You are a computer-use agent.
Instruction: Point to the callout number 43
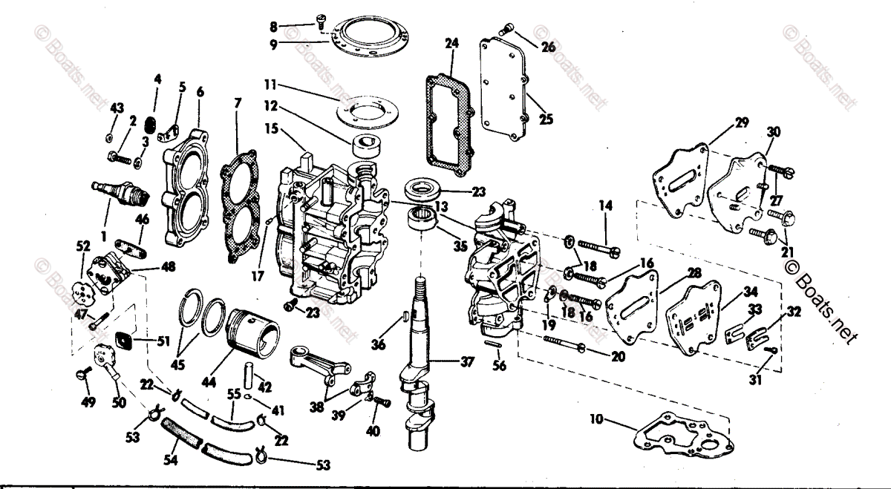116,108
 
